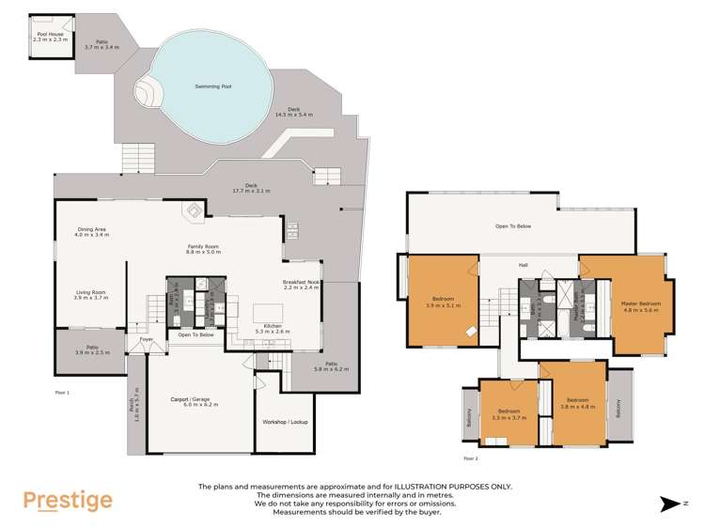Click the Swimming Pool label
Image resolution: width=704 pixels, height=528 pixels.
pos(213,86)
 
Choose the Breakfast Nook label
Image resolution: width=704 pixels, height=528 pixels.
pos(302,285)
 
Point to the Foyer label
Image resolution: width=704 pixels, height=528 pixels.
pos(146,339)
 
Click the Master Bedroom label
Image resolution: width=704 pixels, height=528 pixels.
pos(642,303)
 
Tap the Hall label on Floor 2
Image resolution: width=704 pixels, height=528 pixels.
pos(523,265)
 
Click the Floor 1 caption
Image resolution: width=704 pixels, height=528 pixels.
pos(63,391)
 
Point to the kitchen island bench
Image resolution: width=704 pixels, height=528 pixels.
pos(268,312)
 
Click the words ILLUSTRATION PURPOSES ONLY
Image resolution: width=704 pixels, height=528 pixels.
pos(454,486)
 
